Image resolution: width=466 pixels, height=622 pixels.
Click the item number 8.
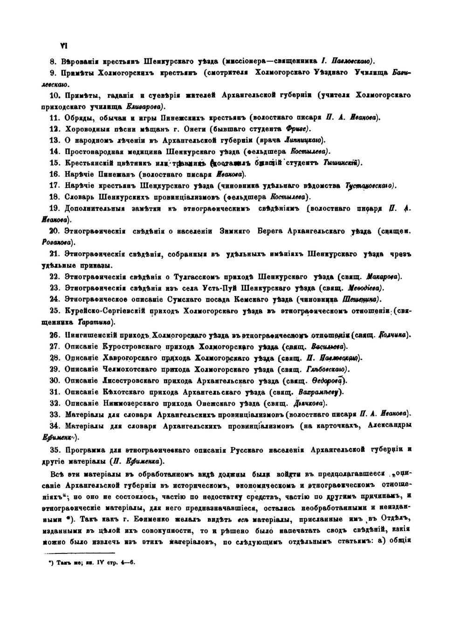pyautogui.click(x=52, y=61)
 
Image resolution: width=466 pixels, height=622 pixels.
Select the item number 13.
pyautogui.click(x=55, y=140)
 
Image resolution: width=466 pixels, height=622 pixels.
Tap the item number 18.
pyautogui.click(x=55, y=197)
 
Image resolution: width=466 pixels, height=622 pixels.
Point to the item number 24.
pyautogui.click(x=55, y=299)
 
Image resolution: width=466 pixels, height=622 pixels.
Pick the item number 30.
pyautogui.click(x=55, y=380)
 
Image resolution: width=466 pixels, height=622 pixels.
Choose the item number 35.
pyautogui.click(x=55, y=450)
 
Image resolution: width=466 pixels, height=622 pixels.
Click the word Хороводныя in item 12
pyautogui.click(x=86, y=129)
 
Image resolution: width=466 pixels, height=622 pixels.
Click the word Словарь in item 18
pyautogui.click(x=80, y=197)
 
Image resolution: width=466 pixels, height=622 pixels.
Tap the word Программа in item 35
pyautogui.click(x=85, y=450)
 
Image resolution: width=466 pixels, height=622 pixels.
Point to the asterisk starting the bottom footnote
pyautogui.click(x=51, y=563)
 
